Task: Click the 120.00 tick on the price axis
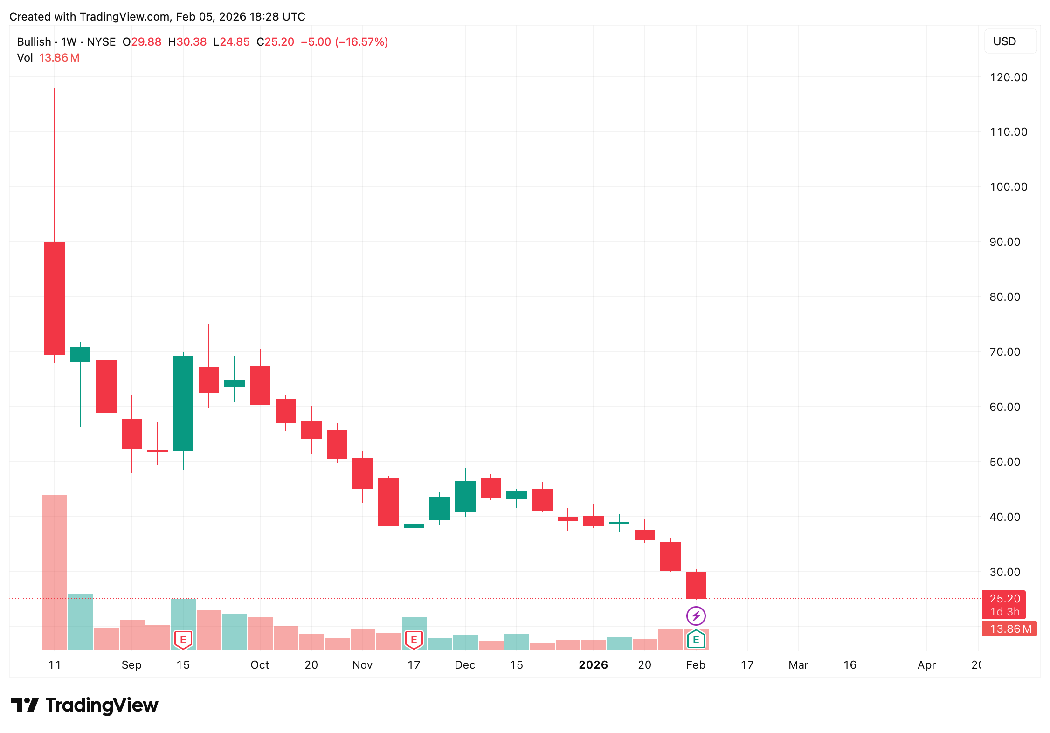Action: click(x=1008, y=77)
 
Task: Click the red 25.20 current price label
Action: click(x=1004, y=599)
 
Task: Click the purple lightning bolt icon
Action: click(x=696, y=616)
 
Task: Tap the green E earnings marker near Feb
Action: click(x=696, y=640)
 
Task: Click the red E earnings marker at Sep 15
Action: click(x=183, y=640)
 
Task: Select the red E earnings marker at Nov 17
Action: click(x=414, y=640)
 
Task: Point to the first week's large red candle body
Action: click(x=55, y=298)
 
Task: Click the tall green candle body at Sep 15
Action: click(x=183, y=403)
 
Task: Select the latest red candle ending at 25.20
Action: click(x=696, y=585)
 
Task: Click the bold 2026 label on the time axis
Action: click(x=593, y=665)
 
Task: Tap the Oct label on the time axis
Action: click(x=260, y=665)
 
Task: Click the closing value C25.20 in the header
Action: click(x=276, y=42)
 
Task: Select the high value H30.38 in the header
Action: click(x=187, y=42)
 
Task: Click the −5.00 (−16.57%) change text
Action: click(x=345, y=42)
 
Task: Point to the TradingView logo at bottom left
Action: click(x=84, y=705)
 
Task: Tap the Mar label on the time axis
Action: click(x=798, y=665)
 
